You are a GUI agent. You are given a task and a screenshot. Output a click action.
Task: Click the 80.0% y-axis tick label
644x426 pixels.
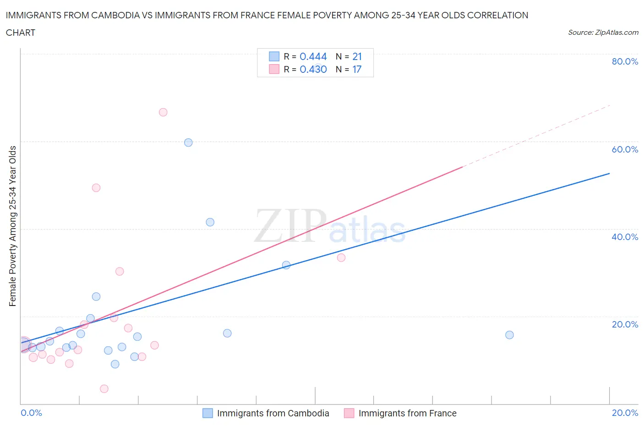coord(625,61)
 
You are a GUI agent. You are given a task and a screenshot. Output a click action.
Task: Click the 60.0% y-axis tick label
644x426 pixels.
coord(625,149)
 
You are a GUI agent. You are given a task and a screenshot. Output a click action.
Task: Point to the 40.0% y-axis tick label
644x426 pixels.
coord(625,237)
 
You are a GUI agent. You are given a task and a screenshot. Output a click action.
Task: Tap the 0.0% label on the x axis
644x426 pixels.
coord(31,413)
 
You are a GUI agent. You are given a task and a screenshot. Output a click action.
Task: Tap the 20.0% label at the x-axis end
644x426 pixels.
coord(625,413)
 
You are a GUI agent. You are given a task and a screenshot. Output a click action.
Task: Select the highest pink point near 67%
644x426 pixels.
coord(163,112)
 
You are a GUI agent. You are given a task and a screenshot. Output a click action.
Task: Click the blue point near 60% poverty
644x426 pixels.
coord(188,142)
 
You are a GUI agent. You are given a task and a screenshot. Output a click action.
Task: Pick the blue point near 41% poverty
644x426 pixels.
coord(210,222)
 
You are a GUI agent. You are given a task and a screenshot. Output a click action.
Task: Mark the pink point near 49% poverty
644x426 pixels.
coord(96,188)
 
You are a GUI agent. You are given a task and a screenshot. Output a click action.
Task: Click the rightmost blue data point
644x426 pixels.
coord(509,335)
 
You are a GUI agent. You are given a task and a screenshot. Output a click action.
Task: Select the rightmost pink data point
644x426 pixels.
coord(341,257)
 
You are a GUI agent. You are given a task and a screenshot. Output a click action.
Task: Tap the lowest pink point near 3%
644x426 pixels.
coord(104,389)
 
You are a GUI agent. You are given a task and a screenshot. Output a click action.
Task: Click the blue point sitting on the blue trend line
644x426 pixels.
coord(286,265)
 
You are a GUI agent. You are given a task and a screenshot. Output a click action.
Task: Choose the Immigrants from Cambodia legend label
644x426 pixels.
coord(273,413)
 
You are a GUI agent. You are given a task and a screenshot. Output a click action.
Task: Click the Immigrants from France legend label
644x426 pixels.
coord(407,413)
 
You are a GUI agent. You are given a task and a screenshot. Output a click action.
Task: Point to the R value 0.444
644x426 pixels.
coord(313,56)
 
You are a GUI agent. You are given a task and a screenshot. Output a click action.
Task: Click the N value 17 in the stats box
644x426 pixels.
coord(357,69)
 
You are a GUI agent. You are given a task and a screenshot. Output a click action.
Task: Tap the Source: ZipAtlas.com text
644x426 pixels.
coord(603,33)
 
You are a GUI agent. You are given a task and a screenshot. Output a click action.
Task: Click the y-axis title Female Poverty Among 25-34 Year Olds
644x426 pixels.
coord(12,226)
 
